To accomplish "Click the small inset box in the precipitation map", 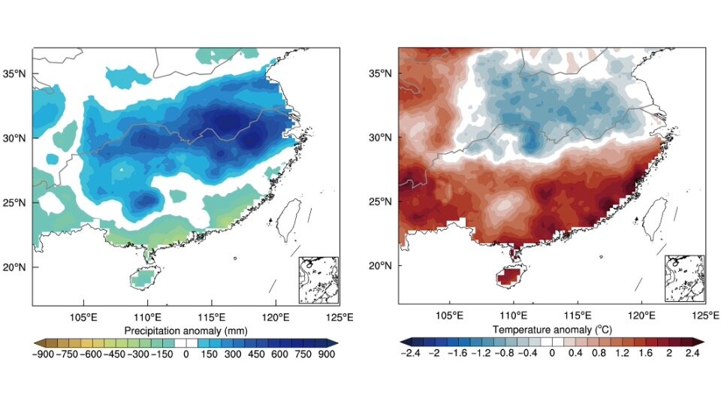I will click(x=318, y=279).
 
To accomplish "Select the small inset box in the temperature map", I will click(x=685, y=279).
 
